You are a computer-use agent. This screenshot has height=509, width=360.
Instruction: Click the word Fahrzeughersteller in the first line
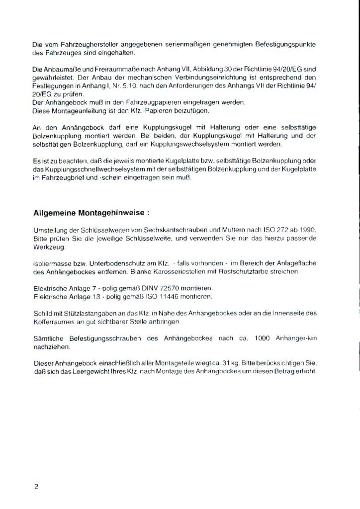pyautogui.click(x=74, y=45)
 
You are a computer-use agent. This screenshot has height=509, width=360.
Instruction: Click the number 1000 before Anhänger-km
pyautogui.click(x=263, y=339)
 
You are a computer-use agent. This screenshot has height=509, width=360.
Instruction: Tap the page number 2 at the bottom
pyautogui.click(x=37, y=486)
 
